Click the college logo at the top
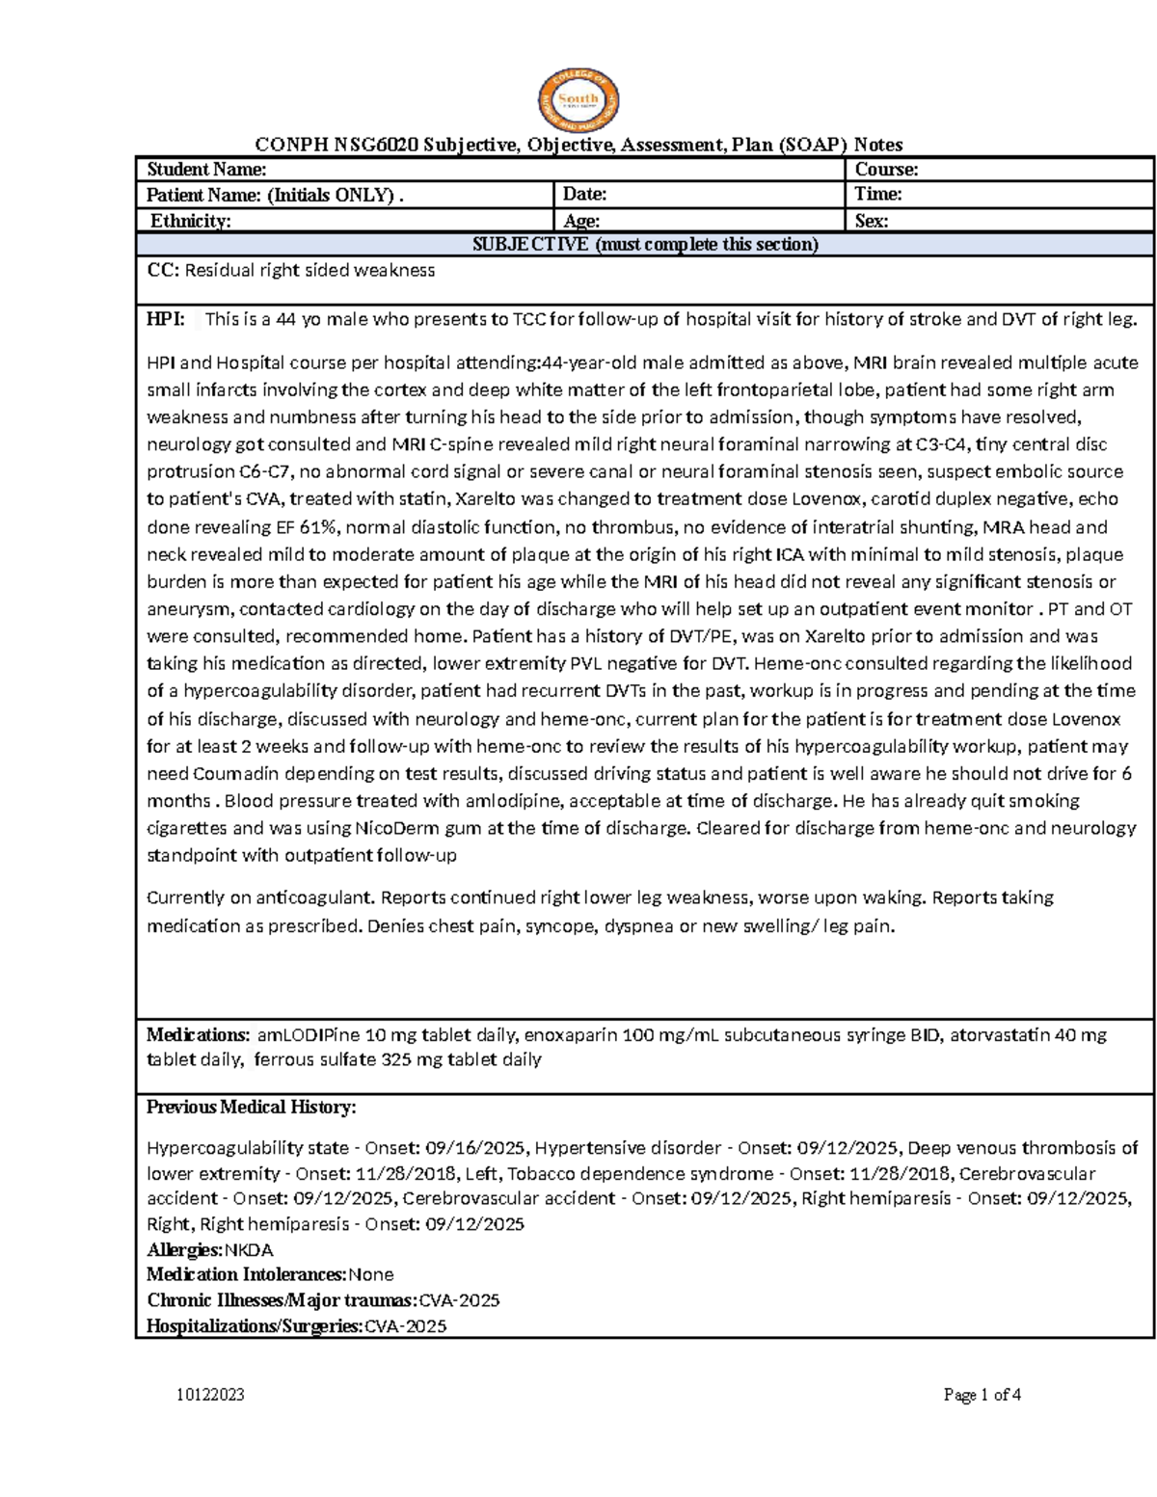point(578,99)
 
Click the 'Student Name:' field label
point(206,170)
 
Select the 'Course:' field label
point(886,170)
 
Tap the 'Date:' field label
point(585,195)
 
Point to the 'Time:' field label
point(878,195)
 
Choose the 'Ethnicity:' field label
point(191,221)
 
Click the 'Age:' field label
point(582,221)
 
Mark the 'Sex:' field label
point(872,221)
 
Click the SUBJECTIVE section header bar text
point(644,244)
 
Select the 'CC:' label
point(162,271)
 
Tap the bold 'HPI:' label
point(165,320)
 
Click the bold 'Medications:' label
point(198,1035)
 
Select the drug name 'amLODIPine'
point(308,1035)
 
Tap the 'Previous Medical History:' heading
point(251,1108)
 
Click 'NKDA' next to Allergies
point(249,1250)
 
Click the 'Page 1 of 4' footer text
point(982,1395)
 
